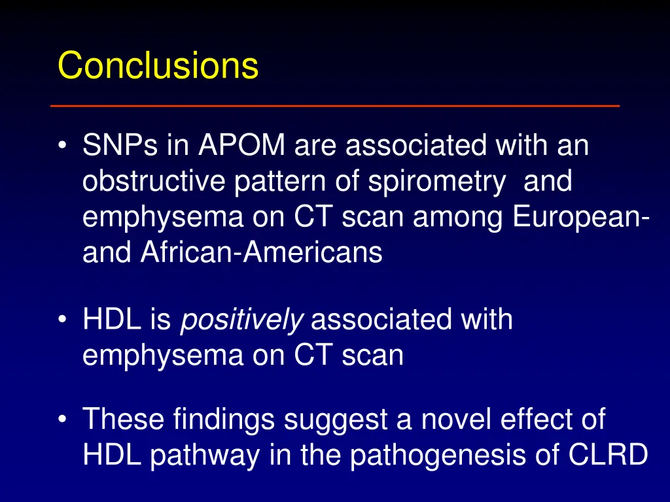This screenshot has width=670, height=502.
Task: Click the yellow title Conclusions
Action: coord(158,65)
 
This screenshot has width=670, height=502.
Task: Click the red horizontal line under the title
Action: coord(335,105)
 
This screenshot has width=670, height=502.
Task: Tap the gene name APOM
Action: coord(239,146)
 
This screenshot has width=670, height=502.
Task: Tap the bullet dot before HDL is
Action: coord(62,321)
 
